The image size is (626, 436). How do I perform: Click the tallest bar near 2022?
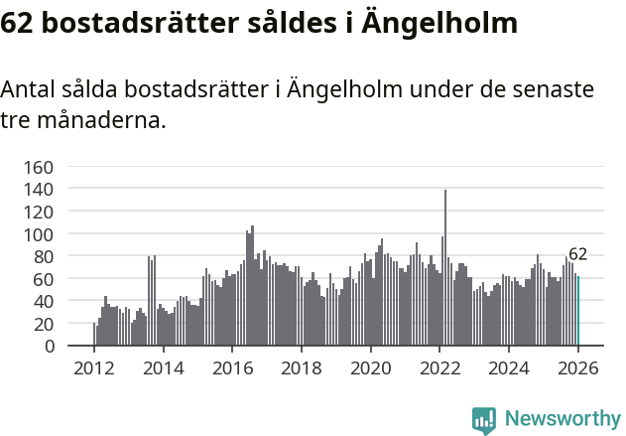[445, 268]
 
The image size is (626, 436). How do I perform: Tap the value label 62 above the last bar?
[578, 254]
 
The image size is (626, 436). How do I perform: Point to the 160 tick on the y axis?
[37, 167]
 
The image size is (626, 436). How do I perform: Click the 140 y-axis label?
[37, 189]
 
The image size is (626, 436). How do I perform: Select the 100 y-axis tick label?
[37, 234]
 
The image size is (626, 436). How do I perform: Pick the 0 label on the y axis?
[47, 346]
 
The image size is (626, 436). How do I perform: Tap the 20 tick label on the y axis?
[41, 324]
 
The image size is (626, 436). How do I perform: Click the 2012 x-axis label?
[94, 368]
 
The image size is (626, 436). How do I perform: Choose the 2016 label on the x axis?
[233, 368]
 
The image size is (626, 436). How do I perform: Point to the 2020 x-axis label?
[371, 368]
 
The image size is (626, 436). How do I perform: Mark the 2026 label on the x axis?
[578, 368]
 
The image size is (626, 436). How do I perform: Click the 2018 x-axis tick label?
[302, 368]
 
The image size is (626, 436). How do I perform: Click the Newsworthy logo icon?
[484, 420]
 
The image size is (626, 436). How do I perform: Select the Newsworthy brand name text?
[563, 420]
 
